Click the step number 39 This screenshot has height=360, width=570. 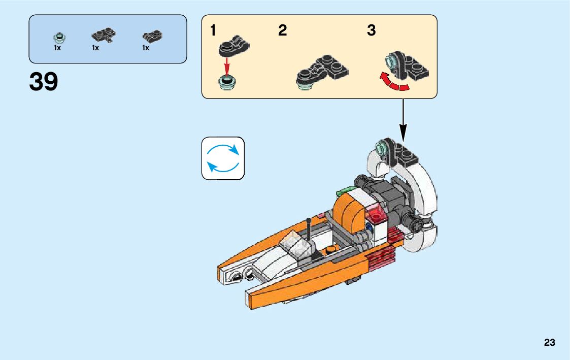click(x=44, y=82)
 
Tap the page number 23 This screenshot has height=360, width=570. click(x=549, y=343)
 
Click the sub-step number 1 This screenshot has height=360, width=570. click(x=214, y=31)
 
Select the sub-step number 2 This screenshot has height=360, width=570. click(x=282, y=31)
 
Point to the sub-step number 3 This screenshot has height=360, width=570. click(x=372, y=31)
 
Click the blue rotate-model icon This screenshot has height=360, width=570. click(x=223, y=158)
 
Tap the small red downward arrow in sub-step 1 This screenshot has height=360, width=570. click(x=227, y=64)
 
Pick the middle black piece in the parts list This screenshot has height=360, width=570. click(x=103, y=35)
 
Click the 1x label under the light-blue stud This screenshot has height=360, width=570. click(x=57, y=48)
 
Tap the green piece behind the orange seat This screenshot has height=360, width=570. click(x=345, y=191)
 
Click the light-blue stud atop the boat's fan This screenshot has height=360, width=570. click(x=382, y=149)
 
